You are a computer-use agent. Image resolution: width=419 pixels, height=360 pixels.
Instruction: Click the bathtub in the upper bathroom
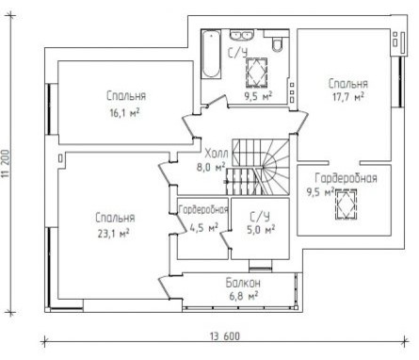211,54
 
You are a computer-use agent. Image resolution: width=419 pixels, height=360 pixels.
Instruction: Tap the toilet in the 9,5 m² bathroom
278,44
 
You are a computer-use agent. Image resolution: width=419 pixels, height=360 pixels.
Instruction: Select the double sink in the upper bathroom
242,35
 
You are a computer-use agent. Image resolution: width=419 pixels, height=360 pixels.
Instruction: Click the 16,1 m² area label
124,113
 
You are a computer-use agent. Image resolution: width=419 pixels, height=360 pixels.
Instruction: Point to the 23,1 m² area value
113,234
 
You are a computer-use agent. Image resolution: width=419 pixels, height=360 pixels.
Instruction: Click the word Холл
217,155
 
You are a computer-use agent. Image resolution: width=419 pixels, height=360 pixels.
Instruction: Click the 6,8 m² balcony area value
244,296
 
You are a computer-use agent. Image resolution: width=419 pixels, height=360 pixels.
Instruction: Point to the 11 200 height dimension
7,163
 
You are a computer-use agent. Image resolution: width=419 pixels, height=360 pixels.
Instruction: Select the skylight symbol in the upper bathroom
256,72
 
